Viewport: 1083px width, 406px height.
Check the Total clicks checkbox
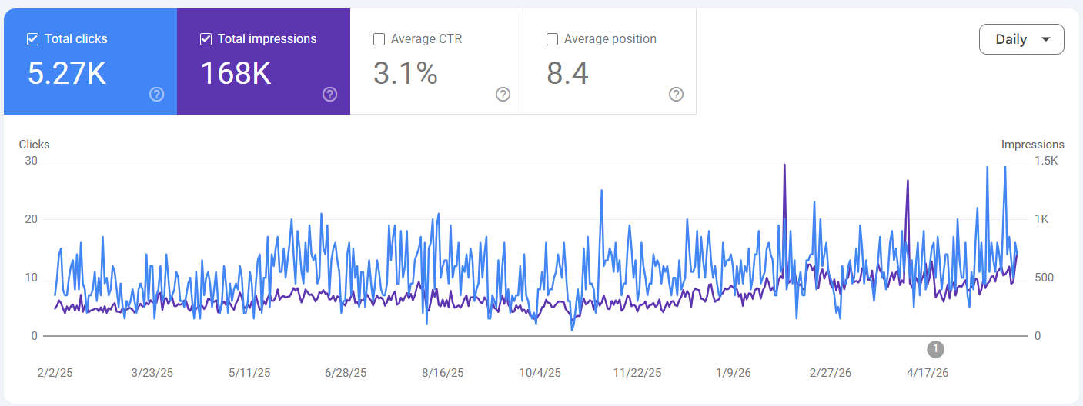click(32, 39)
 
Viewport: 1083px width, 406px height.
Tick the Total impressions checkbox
click(206, 39)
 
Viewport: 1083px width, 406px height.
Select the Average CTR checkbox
click(379, 39)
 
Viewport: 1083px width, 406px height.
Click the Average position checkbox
click(552, 39)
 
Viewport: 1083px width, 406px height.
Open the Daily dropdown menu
click(1021, 39)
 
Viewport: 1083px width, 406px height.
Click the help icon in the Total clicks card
click(157, 94)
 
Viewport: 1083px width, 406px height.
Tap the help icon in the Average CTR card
click(503, 94)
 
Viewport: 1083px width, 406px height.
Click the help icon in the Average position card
click(676, 94)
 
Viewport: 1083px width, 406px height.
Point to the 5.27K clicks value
click(67, 73)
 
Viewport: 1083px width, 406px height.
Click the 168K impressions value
click(236, 73)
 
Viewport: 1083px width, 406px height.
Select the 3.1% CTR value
click(405, 73)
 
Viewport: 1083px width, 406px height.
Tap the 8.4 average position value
click(567, 73)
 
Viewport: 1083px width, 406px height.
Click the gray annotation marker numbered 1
click(935, 349)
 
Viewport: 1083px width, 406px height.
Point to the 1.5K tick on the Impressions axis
click(1046, 161)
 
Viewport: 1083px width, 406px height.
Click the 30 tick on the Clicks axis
click(31, 161)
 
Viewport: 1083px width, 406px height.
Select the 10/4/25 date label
click(540, 373)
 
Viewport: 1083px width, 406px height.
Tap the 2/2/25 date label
click(55, 373)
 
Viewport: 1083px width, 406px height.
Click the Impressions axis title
click(1033, 145)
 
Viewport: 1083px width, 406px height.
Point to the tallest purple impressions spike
click(784, 165)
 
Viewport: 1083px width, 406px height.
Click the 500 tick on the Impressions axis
click(1044, 278)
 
